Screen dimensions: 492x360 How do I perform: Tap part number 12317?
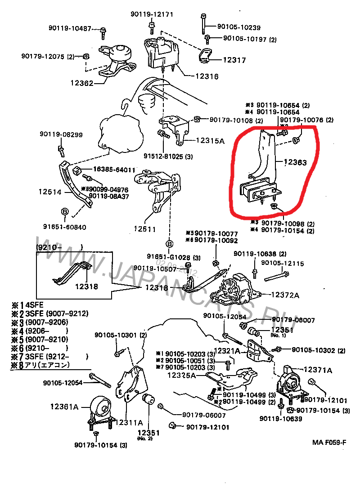[235, 60]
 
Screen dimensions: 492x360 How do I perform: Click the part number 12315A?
[210, 140]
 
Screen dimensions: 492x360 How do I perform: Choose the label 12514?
[50, 192]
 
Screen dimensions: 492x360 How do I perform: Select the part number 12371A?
[318, 370]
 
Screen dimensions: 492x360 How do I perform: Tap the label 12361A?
[64, 407]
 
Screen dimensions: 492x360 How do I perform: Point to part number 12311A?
[129, 422]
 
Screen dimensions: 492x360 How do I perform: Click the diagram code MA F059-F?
[329, 442]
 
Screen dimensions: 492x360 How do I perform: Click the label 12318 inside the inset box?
[86, 286]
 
